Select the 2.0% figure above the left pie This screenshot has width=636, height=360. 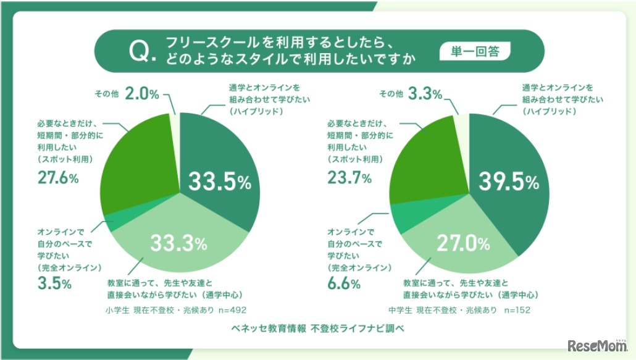[142, 94]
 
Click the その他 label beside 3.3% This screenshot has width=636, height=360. [391, 94]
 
